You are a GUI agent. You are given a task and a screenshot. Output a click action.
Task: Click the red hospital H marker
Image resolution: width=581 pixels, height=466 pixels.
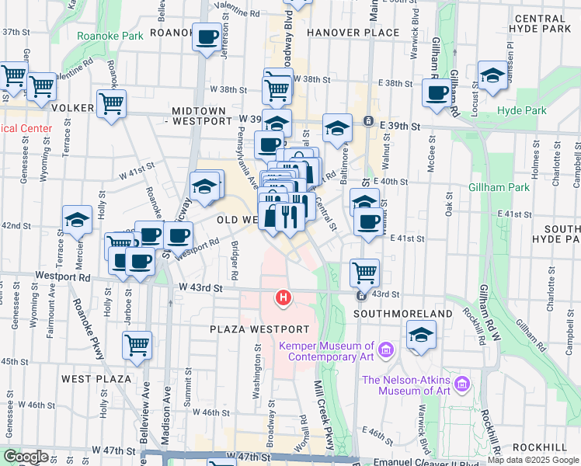(284, 297)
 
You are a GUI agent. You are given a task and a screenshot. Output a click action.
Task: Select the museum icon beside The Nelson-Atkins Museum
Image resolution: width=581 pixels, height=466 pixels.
(463, 384)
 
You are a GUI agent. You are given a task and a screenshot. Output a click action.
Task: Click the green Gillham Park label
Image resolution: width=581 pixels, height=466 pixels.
(499, 187)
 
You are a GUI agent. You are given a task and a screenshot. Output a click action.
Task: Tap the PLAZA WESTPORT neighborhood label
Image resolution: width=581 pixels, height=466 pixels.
(259, 329)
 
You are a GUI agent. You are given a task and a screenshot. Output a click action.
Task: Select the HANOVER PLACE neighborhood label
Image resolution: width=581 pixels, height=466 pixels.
(353, 33)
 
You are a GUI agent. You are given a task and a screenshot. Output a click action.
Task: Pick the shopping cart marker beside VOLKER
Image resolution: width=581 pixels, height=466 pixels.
(112, 103)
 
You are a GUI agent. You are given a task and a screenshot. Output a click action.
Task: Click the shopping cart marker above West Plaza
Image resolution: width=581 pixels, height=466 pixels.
(137, 344)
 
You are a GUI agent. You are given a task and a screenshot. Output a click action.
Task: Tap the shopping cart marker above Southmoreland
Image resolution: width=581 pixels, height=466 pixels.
(364, 273)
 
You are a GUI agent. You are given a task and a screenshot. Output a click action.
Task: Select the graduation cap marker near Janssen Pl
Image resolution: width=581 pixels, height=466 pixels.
(491, 75)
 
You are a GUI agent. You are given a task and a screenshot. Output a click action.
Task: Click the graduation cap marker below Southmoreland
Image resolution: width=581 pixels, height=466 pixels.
(421, 335)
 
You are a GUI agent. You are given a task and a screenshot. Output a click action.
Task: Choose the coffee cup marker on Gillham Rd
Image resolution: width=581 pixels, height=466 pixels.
(437, 92)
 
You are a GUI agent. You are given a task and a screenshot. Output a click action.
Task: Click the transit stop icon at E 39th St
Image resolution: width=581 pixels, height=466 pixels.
(370, 122)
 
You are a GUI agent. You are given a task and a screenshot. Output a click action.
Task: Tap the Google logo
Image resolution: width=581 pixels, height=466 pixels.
(26, 457)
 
